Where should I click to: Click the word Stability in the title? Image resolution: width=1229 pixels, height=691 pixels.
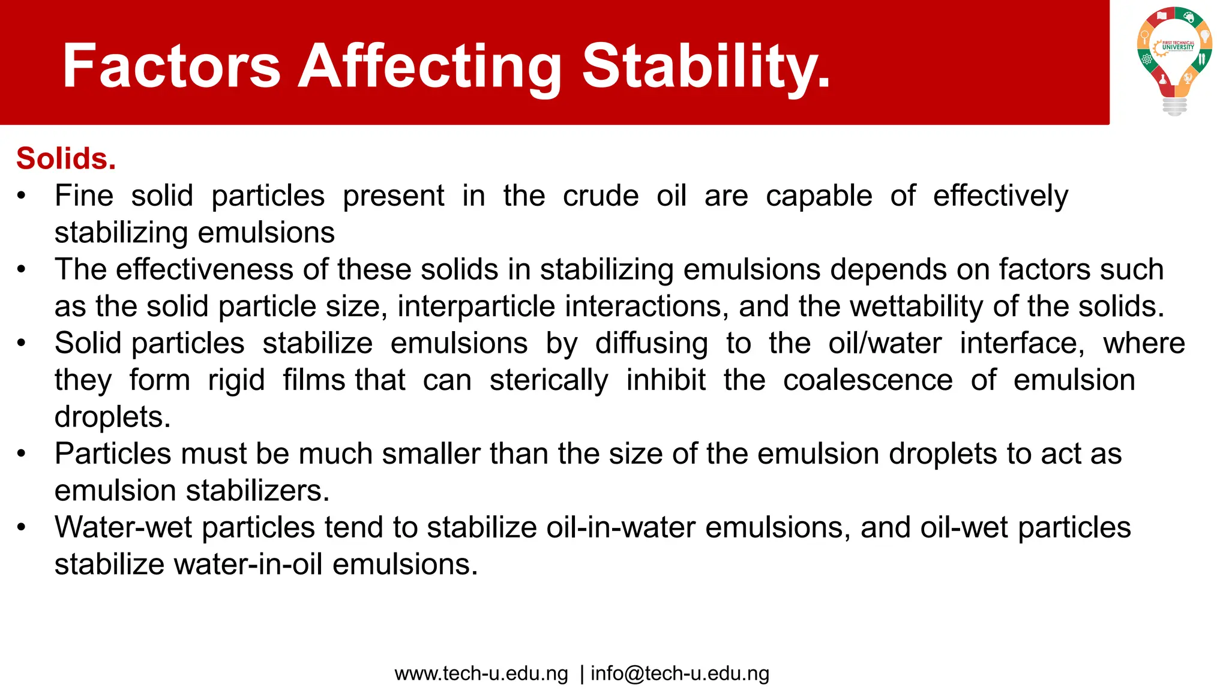coord(706,66)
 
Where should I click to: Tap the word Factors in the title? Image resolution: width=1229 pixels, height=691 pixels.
coord(172,66)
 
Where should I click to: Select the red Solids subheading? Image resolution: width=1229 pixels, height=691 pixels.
coord(66,159)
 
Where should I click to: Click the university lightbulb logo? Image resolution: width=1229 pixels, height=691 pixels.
coord(1174,60)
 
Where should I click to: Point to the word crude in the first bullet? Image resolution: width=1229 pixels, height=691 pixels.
coord(601,196)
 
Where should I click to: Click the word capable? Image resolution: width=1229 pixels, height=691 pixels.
coord(819,196)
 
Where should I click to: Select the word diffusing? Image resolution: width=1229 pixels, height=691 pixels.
coord(651,344)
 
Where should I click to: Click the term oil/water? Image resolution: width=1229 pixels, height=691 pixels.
coord(885,344)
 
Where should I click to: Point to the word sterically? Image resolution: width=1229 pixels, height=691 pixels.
coord(548,380)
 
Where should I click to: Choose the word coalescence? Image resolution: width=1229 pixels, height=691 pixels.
coord(868,380)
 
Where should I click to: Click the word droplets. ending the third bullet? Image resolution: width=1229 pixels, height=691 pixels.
coord(112,417)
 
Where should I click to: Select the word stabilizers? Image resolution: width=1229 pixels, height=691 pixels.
coord(257,491)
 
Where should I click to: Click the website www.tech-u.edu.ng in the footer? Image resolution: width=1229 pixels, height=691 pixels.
coord(481,674)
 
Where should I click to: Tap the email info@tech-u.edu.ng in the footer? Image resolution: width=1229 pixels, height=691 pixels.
coord(679,674)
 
